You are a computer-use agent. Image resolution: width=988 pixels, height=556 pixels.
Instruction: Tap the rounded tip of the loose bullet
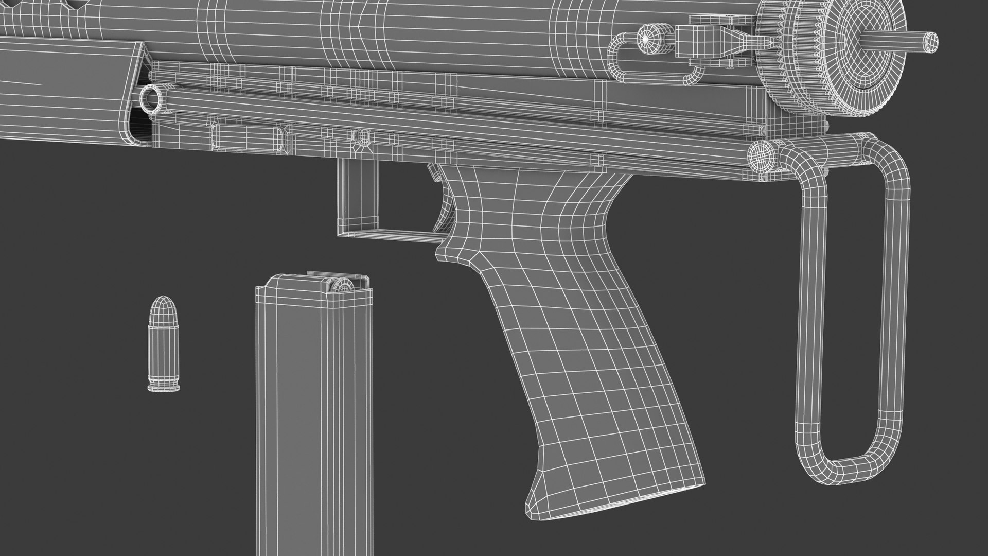pos(164,301)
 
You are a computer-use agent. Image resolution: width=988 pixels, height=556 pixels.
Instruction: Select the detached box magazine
pos(314,412)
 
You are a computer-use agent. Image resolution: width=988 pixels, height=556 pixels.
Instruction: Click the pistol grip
pos(556,329)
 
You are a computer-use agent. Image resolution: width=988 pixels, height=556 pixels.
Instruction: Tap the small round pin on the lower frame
pos(363,136)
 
